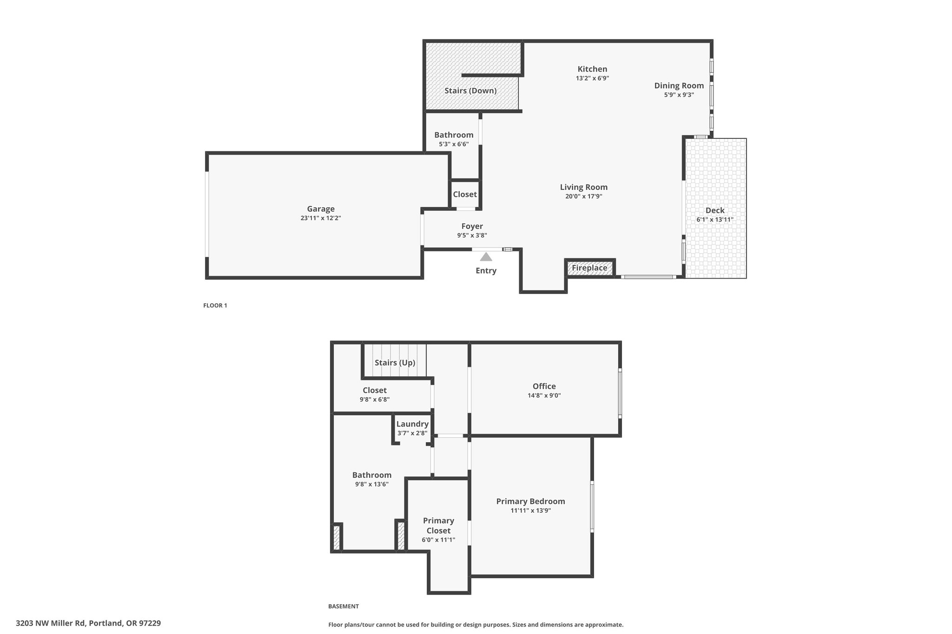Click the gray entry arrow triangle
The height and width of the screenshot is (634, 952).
pos(486,256)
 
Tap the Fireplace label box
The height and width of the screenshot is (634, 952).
pos(589,268)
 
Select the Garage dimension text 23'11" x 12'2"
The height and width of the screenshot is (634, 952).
pos(321,218)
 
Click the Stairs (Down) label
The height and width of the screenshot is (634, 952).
pos(470,91)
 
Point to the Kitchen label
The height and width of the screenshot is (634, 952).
pos(592,69)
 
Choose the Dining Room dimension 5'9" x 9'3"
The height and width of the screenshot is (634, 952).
pos(679,95)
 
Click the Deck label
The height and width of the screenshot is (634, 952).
pos(715,210)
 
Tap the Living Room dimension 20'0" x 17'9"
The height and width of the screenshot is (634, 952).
pos(584,196)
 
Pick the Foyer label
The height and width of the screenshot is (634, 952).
pos(472,226)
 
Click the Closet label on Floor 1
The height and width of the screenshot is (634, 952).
pos(465,194)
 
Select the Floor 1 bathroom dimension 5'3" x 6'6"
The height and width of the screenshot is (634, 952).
pos(454,144)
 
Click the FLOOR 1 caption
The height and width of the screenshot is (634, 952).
pos(215,306)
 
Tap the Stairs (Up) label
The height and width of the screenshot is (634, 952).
pos(395,363)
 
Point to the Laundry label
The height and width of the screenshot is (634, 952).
pos(412,424)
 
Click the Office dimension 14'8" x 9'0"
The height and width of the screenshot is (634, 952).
pos(544,396)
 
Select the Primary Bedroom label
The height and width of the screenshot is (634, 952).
pos(530,502)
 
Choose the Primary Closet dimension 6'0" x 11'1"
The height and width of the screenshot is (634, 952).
pos(438,540)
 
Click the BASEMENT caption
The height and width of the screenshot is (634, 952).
pos(344,606)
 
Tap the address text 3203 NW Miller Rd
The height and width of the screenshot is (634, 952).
pos(50,623)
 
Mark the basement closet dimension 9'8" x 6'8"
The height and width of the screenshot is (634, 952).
pos(375,399)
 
